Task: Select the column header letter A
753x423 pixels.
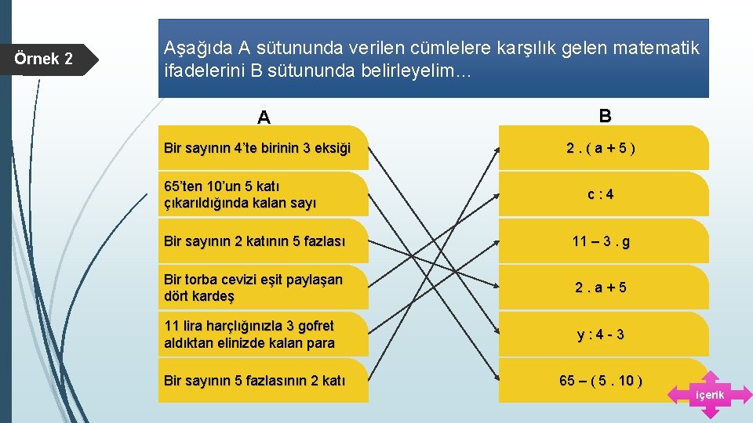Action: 264,117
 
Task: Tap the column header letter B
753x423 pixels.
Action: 605,116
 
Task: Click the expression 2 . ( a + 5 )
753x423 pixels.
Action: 601,148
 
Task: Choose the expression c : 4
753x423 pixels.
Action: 601,194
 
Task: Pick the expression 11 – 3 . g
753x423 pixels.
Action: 601,241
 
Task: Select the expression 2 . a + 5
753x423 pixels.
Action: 601,287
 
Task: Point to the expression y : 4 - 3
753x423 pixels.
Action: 601,334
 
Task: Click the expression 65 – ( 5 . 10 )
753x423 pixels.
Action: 601,381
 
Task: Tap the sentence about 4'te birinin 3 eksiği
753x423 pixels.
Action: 257,148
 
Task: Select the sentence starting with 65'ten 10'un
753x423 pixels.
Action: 240,194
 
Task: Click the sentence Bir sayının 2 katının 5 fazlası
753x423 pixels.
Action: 254,241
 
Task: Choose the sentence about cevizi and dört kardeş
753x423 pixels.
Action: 253,287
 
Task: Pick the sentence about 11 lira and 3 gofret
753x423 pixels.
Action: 249,334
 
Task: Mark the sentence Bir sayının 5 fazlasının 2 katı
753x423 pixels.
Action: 254,381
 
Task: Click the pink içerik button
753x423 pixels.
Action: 710,395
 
